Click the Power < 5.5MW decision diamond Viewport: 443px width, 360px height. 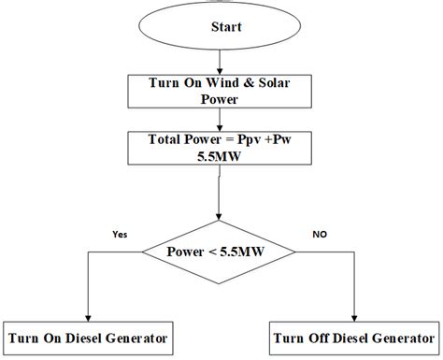click(219, 252)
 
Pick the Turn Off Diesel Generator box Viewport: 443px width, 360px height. click(355, 337)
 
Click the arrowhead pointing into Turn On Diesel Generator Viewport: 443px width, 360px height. click(87, 318)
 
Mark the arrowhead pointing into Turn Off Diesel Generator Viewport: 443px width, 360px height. click(356, 318)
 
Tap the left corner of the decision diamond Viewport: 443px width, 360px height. click(140, 252)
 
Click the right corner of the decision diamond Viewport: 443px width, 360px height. click(297, 252)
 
